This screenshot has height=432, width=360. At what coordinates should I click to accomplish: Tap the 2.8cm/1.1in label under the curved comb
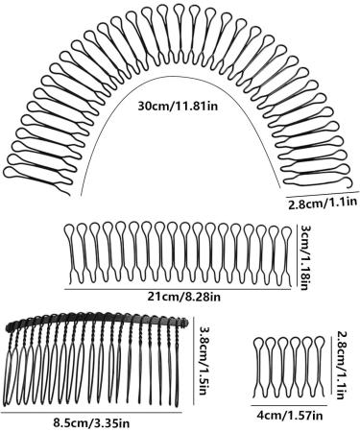point(323,203)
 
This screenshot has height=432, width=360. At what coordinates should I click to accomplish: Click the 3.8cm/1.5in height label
point(202,351)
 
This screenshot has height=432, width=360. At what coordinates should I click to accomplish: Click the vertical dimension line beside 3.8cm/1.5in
point(192,352)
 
